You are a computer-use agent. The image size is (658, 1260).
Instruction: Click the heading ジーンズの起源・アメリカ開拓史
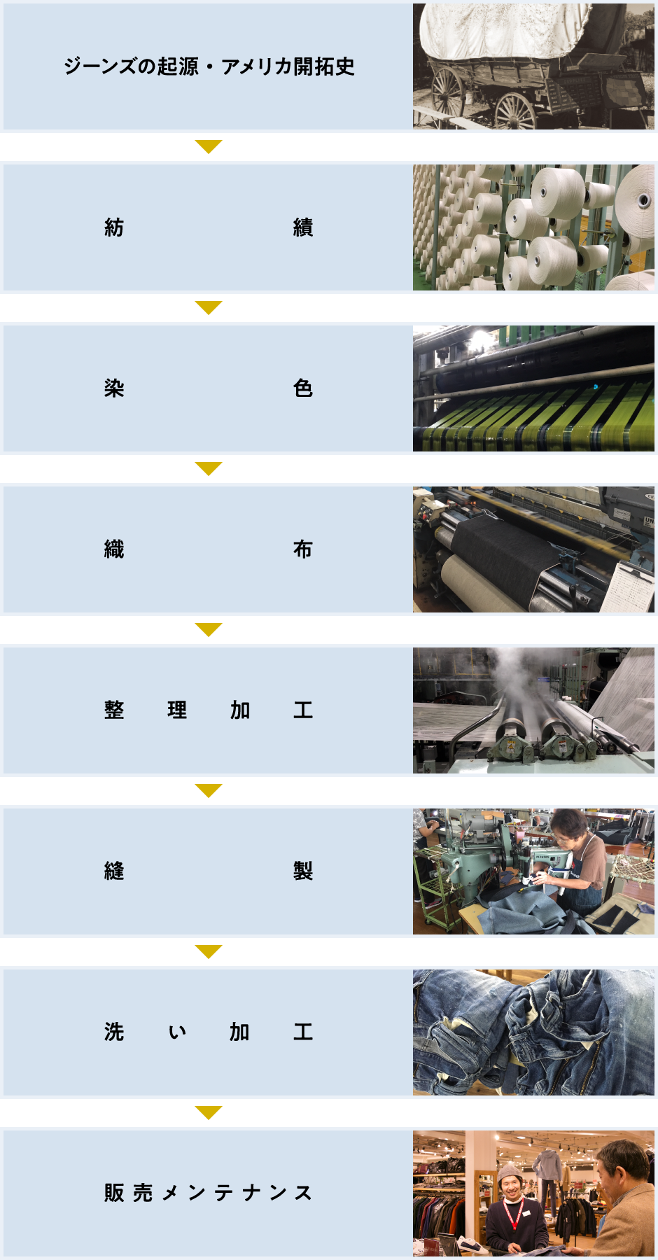coord(209,66)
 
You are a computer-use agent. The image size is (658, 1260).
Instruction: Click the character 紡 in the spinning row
coord(114,227)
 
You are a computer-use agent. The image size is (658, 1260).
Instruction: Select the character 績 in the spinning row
coord(303,227)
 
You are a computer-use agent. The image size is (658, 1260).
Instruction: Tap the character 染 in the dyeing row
coord(114,388)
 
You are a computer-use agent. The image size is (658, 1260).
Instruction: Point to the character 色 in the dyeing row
coord(303,388)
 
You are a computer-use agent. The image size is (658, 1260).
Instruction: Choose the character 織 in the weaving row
coord(114,549)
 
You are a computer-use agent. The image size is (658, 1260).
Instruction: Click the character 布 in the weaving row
coord(303,549)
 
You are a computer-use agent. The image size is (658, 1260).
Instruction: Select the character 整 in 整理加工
coord(114,710)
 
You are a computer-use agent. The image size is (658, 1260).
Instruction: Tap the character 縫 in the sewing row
coord(114,871)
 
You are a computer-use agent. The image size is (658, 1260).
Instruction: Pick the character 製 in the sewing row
coord(303,871)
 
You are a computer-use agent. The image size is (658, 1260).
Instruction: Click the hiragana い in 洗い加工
coord(177,1032)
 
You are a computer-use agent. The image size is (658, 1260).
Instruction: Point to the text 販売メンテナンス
coord(209,1193)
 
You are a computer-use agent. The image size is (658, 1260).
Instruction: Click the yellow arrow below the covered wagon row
coord(209,146)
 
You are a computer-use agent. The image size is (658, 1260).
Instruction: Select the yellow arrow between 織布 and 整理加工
coord(209,629)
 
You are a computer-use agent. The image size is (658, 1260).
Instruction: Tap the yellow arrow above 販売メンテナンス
coord(209,1112)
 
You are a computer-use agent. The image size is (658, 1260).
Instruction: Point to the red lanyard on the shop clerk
coord(514,1214)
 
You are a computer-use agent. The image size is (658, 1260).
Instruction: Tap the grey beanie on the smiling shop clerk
coord(510,1173)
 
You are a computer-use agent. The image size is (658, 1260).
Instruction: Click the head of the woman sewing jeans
coord(568,826)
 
